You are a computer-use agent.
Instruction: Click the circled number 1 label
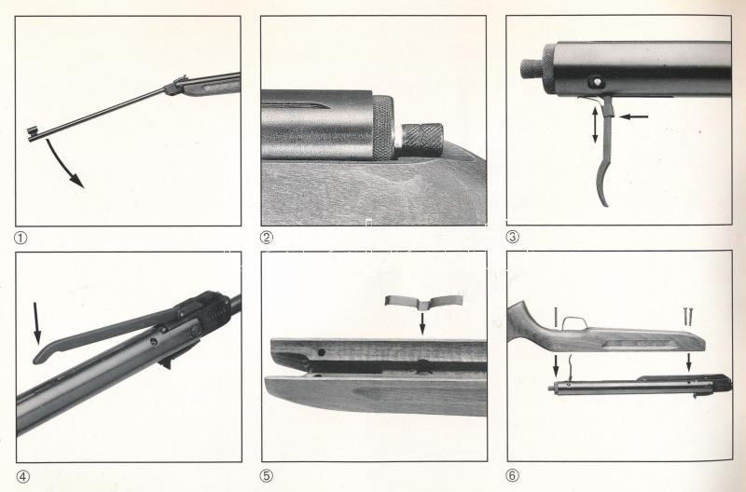21,238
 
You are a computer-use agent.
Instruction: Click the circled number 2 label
267,238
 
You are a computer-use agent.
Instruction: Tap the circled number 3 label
512,237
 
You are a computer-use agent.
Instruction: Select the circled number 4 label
22,476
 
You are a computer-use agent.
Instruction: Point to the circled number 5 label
267,476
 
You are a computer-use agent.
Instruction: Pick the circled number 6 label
512,475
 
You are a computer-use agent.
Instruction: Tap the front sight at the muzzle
33,133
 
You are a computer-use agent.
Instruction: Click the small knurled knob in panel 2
422,135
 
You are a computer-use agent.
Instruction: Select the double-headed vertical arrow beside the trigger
595,125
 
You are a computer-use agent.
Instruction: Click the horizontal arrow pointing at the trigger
633,116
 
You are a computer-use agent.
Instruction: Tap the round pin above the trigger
595,82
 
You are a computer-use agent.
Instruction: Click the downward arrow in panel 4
36,323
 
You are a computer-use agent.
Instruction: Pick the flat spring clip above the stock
423,301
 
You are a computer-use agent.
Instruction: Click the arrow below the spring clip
422,323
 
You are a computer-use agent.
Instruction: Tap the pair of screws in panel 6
687,316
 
